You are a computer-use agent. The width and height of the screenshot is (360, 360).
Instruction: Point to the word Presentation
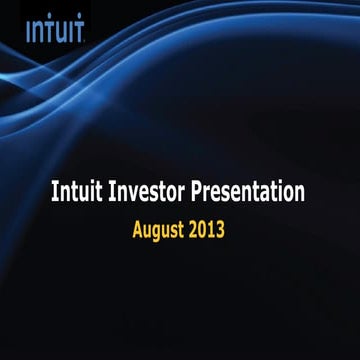tap(248, 192)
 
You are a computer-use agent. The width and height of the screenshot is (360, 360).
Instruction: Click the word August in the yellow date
tap(162, 229)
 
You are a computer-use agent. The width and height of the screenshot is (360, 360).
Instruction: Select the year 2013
tap(207, 228)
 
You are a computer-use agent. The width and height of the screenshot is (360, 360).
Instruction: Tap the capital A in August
tap(139, 228)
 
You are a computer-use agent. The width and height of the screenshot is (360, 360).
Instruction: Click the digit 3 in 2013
tap(220, 228)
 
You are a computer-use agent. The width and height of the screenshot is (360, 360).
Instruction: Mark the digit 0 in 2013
tap(203, 228)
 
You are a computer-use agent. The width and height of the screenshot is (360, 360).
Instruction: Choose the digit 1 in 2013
tap(212, 228)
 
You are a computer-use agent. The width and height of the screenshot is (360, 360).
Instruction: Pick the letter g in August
tap(160, 231)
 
